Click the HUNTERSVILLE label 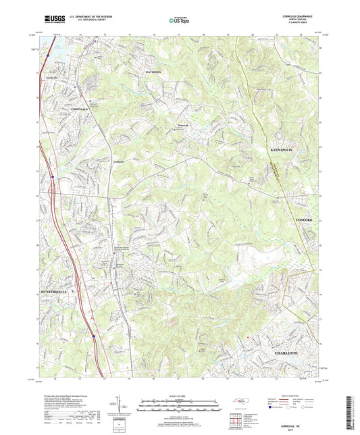tap(49, 292)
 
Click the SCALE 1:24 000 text tap(179, 396)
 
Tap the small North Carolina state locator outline tap(240, 403)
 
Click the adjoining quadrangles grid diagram tap(236, 420)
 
